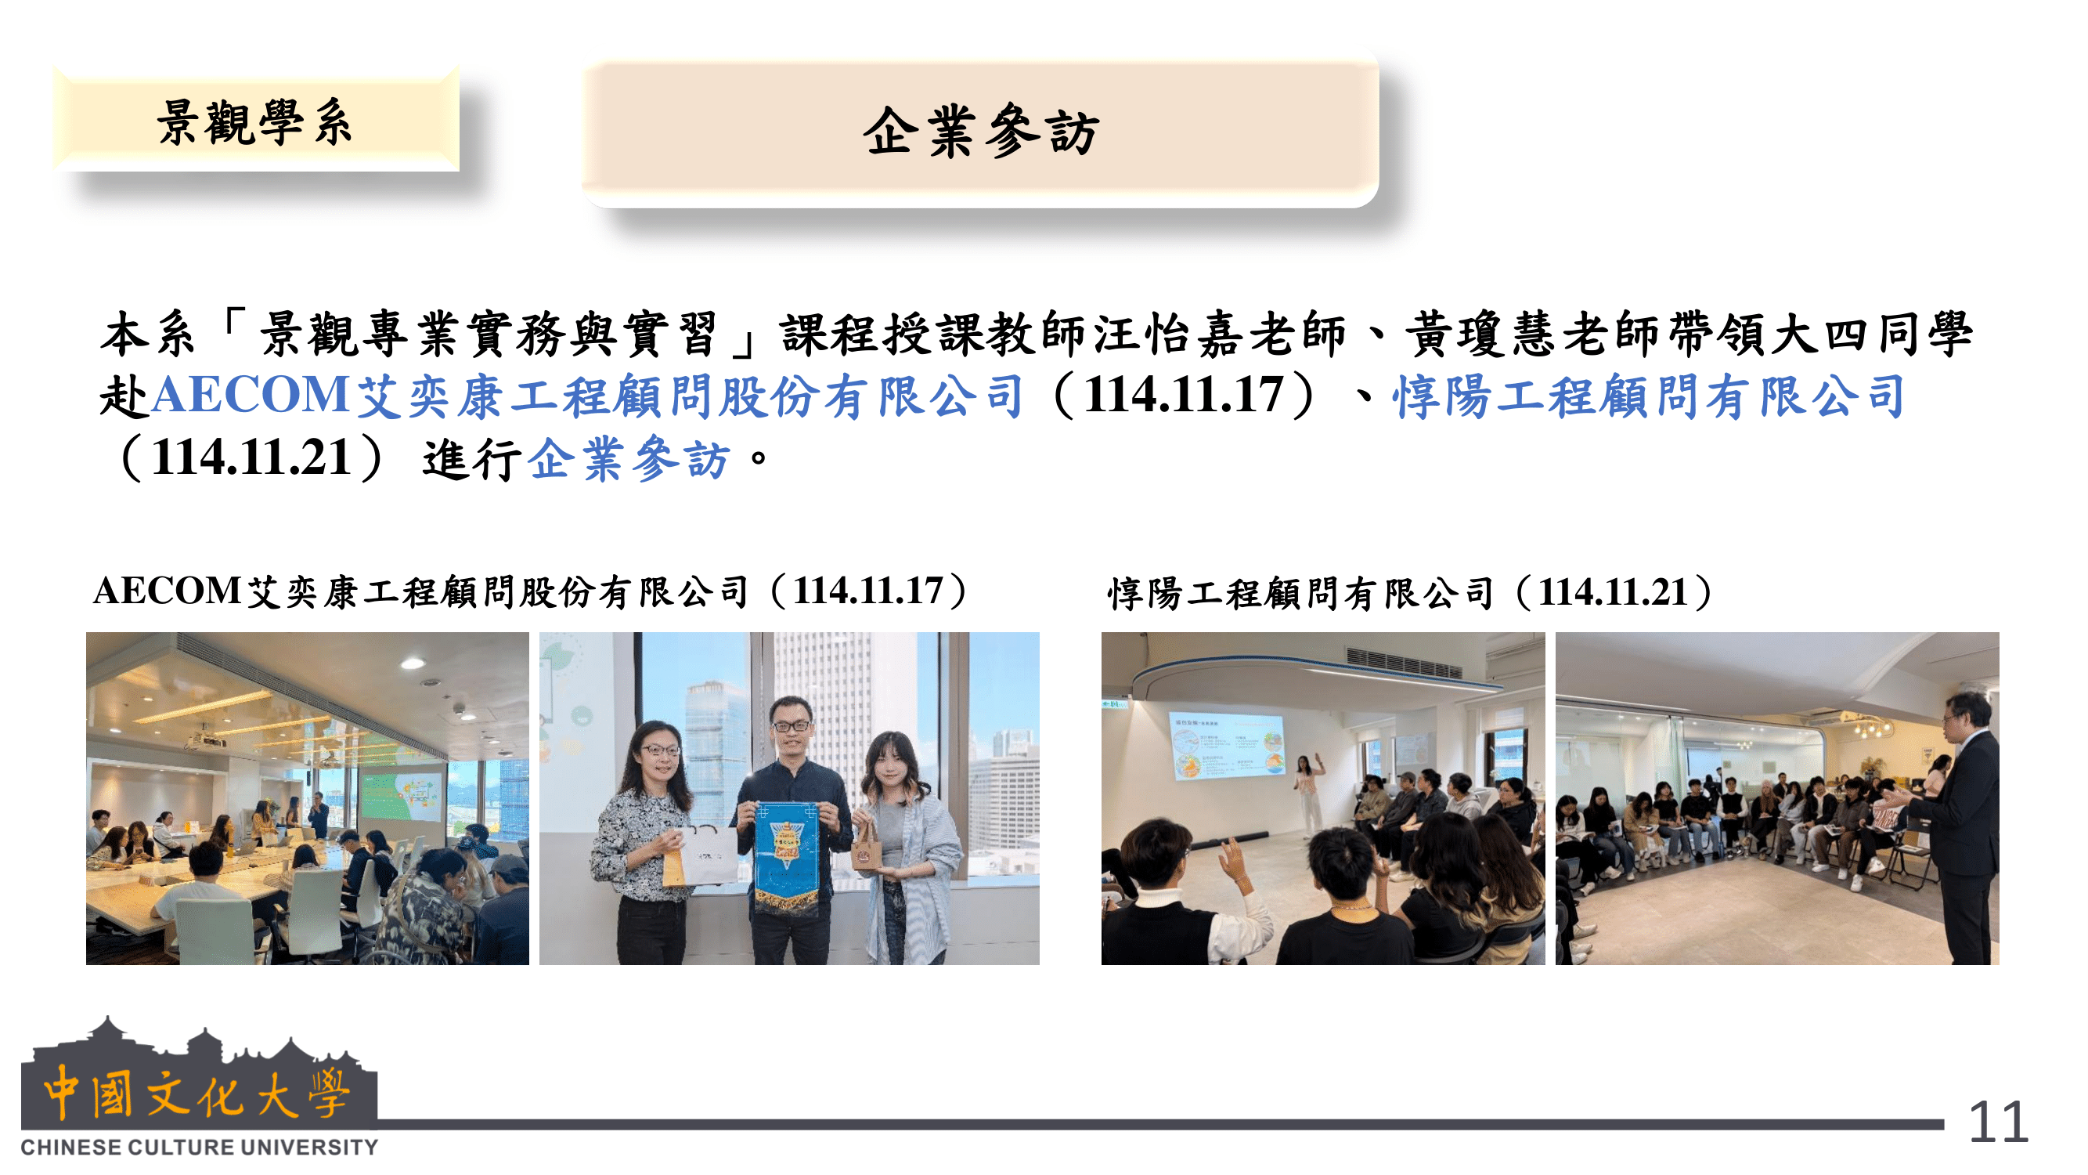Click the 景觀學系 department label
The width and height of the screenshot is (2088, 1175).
254,122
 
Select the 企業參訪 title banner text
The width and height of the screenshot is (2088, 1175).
981,132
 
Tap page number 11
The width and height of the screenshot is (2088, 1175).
1999,1124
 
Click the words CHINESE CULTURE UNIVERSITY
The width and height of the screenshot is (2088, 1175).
200,1148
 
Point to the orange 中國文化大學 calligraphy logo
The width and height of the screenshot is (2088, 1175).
197,1094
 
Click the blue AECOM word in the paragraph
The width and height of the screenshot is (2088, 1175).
251,396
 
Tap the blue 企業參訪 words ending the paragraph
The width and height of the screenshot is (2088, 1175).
629,458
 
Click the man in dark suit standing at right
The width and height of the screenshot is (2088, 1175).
1961,827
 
